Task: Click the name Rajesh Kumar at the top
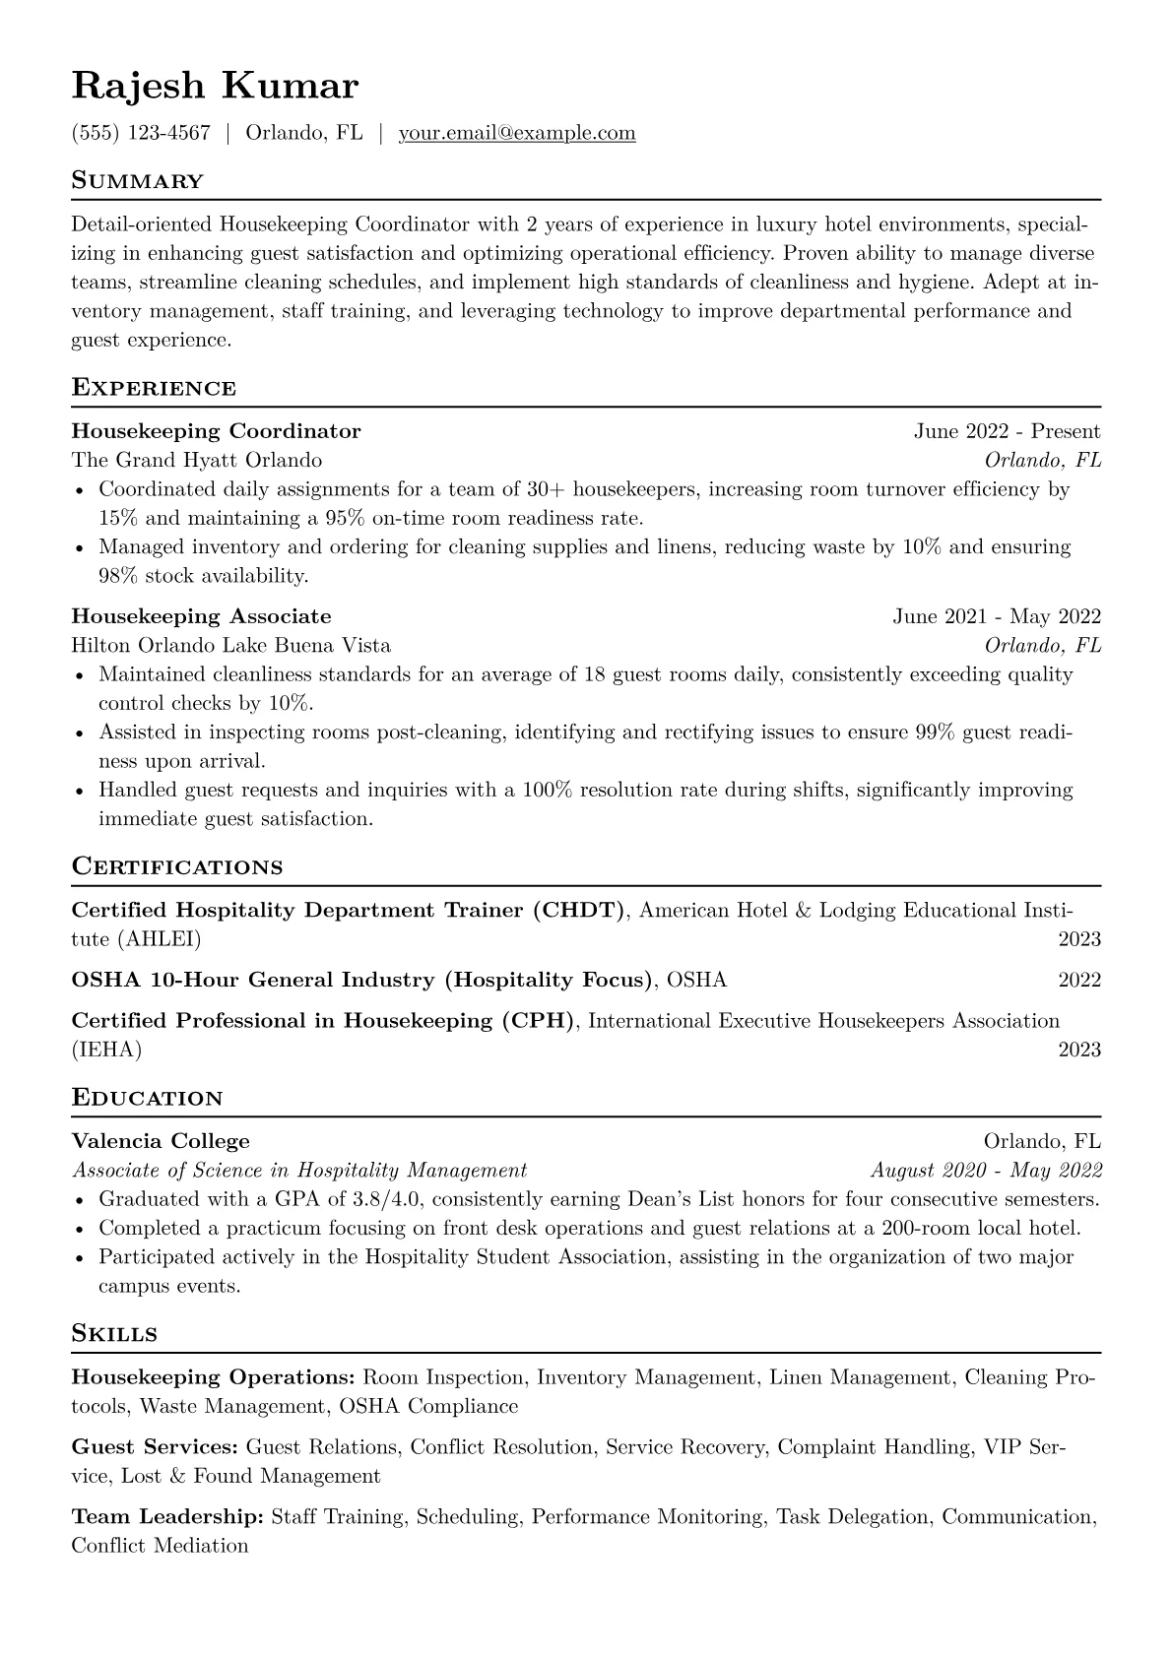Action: pyautogui.click(x=215, y=87)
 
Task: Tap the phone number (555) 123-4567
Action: pyautogui.click(x=141, y=133)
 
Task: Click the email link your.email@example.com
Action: pyautogui.click(x=516, y=133)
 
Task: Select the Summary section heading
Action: pyautogui.click(x=137, y=181)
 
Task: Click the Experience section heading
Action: pyautogui.click(x=154, y=388)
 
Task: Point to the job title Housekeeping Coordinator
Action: pyautogui.click(x=216, y=431)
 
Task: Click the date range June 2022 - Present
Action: pyautogui.click(x=1007, y=431)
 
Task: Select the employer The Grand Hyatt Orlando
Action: pyautogui.click(x=196, y=460)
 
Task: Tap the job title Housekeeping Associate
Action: pyautogui.click(x=201, y=616)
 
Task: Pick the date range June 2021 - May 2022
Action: pyautogui.click(x=996, y=616)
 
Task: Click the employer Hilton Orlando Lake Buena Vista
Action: pyautogui.click(x=230, y=646)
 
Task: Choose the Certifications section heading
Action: pyautogui.click(x=177, y=867)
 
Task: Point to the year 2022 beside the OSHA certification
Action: pyautogui.click(x=1079, y=980)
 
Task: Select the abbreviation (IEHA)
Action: pyautogui.click(x=106, y=1050)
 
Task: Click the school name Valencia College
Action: pyautogui.click(x=161, y=1141)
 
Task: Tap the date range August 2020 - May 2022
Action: pyautogui.click(x=986, y=1171)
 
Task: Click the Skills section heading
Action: pyautogui.click(x=114, y=1334)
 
